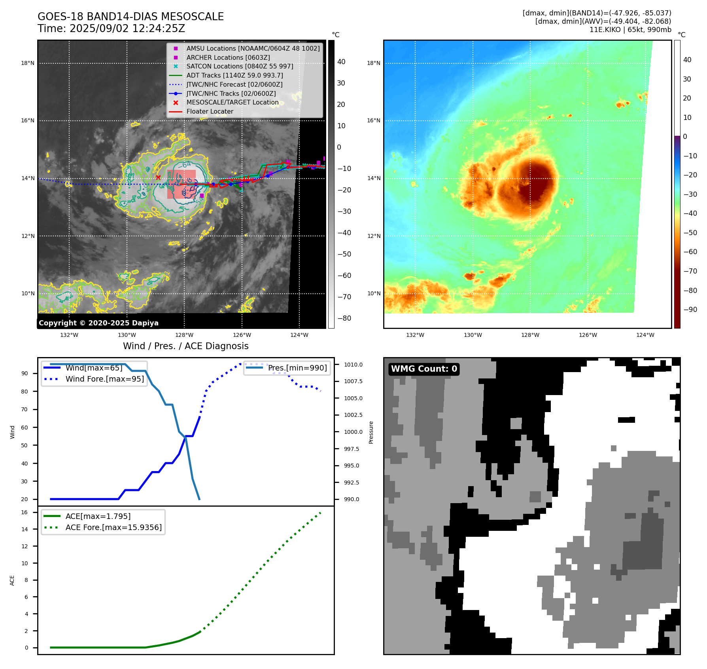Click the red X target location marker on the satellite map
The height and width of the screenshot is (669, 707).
(158, 177)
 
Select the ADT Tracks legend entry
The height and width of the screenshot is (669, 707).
(234, 75)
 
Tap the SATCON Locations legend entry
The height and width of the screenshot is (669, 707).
(240, 66)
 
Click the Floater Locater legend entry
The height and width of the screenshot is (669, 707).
(210, 111)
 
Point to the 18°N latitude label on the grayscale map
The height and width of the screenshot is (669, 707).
(28, 63)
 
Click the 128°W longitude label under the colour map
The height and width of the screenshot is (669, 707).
(530, 335)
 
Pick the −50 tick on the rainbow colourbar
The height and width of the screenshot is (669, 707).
(690, 233)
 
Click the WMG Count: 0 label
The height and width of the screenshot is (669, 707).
(424, 369)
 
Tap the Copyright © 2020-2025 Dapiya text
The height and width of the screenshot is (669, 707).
(98, 323)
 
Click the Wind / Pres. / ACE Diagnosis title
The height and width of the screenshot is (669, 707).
(186, 346)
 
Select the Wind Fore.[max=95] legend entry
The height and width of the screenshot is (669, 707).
(105, 379)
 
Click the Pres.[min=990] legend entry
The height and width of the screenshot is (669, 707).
(297, 368)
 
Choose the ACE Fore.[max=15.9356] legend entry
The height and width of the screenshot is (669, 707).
(113, 527)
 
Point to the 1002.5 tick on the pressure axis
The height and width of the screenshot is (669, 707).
(353, 415)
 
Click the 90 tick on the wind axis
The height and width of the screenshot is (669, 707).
(25, 373)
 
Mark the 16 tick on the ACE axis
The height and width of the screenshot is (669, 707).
(25, 512)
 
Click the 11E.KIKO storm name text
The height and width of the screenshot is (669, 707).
(605, 30)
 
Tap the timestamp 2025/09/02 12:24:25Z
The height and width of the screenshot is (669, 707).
(127, 29)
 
